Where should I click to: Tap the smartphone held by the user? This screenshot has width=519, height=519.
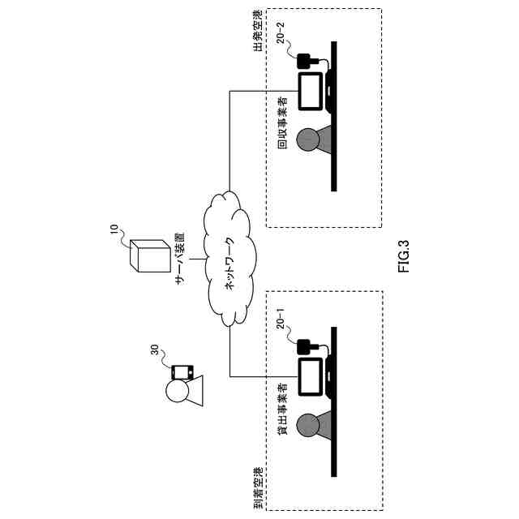pos(182,372)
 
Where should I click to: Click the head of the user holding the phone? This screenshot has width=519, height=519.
pos(178,392)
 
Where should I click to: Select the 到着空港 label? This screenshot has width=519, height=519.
pos(258,488)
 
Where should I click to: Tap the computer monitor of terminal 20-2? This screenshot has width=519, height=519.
pos(310,90)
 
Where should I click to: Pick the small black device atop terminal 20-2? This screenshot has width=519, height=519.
pos(306,61)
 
